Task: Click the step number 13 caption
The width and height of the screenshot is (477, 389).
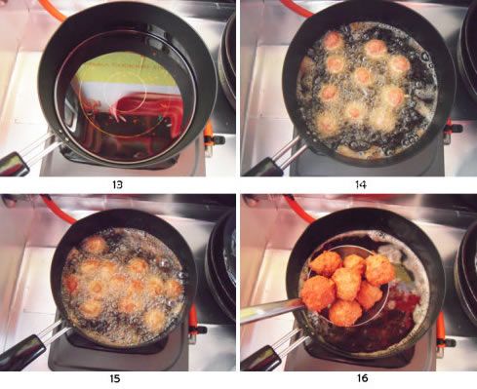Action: [x=117, y=184]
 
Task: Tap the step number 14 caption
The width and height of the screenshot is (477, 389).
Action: [x=361, y=184]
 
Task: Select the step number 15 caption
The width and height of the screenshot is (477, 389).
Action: [x=115, y=378]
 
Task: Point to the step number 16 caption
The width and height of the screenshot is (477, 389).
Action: [x=362, y=378]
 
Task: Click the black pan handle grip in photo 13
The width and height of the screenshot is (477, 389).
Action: [x=14, y=164]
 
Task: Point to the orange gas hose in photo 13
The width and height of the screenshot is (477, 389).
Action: [x=52, y=9]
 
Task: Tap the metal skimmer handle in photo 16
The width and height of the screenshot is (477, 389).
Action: [x=272, y=311]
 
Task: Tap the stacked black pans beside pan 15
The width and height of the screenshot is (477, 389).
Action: [x=221, y=263]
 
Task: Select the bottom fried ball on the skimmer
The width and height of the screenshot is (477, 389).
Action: [x=345, y=313]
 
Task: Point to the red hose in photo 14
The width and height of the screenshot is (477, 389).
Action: [x=296, y=8]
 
